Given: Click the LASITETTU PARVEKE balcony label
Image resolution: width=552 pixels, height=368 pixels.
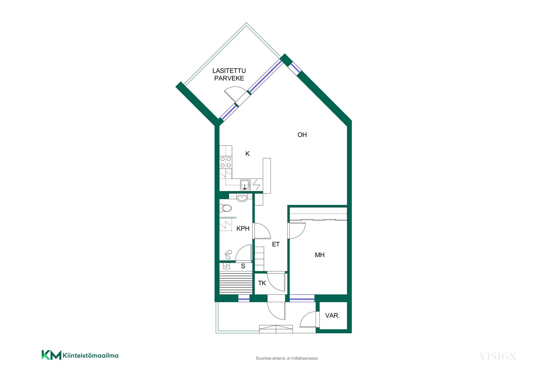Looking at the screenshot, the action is [229, 74].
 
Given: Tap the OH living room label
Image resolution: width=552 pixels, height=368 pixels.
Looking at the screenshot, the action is [302, 135].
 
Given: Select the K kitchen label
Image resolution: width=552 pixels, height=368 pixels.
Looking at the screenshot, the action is [248, 154].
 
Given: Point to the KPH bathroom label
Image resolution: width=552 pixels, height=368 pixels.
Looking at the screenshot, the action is [243, 229].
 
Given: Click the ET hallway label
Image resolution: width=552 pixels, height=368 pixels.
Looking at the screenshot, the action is [276, 244].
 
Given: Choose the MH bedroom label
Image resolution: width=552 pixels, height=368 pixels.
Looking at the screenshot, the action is [320, 255].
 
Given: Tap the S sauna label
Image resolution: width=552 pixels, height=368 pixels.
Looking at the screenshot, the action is [243, 266].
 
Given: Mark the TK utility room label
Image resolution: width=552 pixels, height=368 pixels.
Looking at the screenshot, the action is [262, 283].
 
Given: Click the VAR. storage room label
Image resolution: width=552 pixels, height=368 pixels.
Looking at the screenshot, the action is [332, 316].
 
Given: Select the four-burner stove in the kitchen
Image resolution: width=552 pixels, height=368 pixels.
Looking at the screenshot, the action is [226, 162].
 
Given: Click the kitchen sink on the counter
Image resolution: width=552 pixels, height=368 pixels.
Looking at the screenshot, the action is [245, 185].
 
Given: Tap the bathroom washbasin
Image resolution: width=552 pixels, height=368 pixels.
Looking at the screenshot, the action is [242, 198].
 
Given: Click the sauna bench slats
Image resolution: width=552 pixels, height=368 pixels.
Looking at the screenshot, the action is [236, 283].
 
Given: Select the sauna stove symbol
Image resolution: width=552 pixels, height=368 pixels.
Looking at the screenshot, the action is [226, 266].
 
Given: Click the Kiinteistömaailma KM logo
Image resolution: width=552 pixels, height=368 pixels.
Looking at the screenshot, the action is [80, 355].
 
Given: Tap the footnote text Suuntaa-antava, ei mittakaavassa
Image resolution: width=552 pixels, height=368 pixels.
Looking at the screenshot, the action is [287, 358].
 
